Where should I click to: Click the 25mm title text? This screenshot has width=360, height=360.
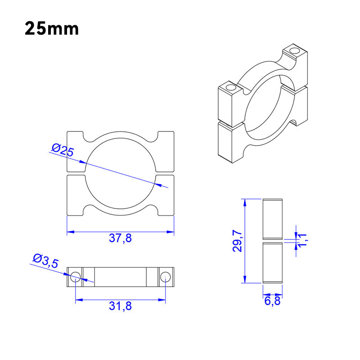click(x=52, y=28)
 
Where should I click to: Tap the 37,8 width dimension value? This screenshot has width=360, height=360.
click(x=120, y=238)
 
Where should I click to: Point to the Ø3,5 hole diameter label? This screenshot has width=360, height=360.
click(x=45, y=261)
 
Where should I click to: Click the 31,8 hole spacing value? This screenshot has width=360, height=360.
click(x=120, y=306)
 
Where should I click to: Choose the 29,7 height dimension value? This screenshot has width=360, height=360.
click(x=238, y=241)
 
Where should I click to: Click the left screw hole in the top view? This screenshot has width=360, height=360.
click(x=75, y=277)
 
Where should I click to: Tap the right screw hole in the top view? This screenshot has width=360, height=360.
click(x=166, y=277)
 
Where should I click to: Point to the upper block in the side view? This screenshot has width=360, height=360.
click(x=272, y=218)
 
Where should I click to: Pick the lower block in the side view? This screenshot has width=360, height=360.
click(x=272, y=263)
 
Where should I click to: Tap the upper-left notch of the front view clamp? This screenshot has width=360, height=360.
click(x=84, y=135)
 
